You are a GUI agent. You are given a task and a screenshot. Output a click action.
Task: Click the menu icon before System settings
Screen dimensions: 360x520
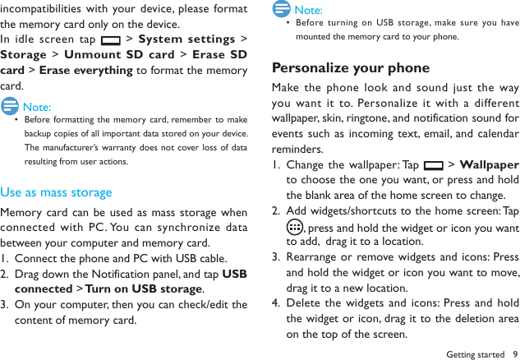(108, 40)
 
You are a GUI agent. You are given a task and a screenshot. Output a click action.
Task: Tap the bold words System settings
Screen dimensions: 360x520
(186, 39)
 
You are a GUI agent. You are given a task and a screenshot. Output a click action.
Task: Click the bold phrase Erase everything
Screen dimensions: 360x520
(86, 71)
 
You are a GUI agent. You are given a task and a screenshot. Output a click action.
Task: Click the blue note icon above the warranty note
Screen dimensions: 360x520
(11, 105)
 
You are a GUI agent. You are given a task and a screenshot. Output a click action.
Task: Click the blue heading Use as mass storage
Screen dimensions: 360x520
(56, 192)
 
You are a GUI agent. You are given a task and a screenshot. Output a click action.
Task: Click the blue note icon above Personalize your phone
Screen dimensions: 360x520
(282, 9)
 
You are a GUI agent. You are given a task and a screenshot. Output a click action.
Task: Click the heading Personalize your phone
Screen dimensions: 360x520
(351, 67)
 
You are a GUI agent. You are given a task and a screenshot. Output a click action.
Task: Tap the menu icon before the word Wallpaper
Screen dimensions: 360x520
(433, 166)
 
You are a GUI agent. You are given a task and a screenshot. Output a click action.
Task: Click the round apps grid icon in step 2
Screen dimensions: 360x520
(294, 227)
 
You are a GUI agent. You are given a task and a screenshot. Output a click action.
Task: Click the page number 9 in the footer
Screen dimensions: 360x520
(515, 354)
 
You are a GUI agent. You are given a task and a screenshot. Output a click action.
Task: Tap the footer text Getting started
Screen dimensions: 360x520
(474, 354)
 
